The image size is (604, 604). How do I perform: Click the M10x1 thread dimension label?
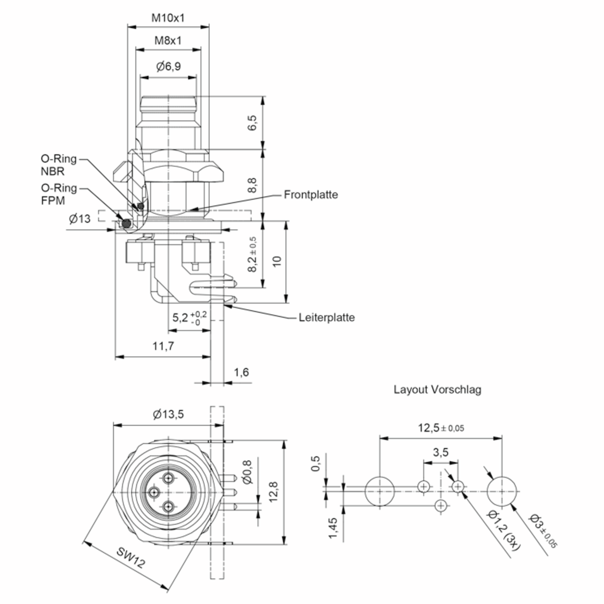point(168,18)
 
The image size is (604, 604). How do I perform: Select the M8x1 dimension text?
point(168,41)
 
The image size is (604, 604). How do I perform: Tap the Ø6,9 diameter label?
point(168,66)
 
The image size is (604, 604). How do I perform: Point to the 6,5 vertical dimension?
point(252,123)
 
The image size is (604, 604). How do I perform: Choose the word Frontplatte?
point(311,195)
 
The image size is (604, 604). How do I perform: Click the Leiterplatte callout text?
point(327,318)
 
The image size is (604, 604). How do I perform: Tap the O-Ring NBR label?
point(58,165)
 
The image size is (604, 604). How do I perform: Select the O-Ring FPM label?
point(58,194)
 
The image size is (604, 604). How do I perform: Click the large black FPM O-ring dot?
point(126,223)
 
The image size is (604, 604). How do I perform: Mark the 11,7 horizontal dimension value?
point(163,346)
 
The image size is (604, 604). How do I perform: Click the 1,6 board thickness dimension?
point(241,372)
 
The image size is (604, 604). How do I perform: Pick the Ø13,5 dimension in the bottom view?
point(168,414)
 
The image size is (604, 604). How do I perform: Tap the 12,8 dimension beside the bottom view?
point(273,492)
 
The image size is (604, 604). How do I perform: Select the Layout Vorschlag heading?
point(437,390)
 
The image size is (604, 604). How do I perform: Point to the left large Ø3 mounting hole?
point(380,491)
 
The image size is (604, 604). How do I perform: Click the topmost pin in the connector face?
point(169,478)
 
